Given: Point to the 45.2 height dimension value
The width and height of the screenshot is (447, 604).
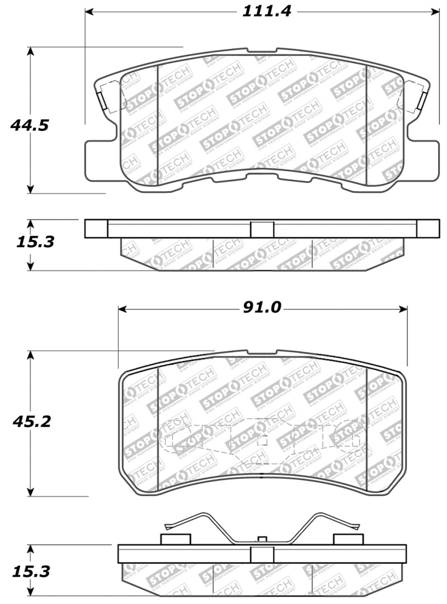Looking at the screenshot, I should point(31,421).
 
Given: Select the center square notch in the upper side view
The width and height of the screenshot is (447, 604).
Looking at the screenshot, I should point(261,229).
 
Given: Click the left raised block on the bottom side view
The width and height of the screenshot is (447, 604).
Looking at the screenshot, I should point(175,539).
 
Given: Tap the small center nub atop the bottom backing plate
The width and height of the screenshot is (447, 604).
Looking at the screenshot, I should point(261,539).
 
